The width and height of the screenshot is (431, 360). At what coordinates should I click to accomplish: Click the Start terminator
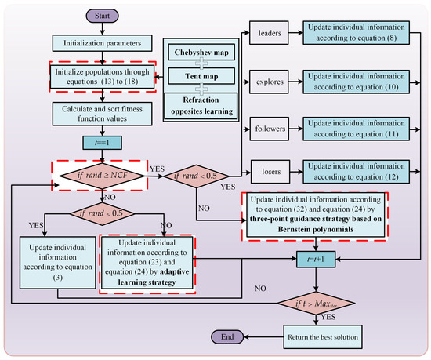pos(102,16)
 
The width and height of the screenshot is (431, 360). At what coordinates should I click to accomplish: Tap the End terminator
pos(227,337)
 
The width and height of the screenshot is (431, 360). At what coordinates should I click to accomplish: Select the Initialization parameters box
pos(102,43)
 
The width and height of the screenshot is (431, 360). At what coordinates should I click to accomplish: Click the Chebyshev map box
pos(201,53)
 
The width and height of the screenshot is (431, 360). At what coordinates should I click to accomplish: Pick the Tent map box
pos(201,76)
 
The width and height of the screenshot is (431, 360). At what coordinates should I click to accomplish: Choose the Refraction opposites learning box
pos(201,106)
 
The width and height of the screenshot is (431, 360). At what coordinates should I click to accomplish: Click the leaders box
pos(269,33)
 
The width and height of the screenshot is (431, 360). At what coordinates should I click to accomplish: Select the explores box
pos(269,82)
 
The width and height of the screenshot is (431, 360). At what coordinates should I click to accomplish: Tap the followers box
pos(270,129)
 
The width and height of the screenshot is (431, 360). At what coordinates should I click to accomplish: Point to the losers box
pos(270,172)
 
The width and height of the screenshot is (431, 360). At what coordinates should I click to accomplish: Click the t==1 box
pos(102,143)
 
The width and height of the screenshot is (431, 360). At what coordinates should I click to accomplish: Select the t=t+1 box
pos(316,259)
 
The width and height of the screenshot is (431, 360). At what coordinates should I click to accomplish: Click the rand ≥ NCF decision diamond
pos(102,176)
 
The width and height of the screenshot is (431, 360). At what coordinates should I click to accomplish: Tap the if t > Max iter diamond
pos(316,304)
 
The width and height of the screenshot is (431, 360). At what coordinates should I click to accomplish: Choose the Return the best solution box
pos(323,337)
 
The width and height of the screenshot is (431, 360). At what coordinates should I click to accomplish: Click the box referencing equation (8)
pos(357,33)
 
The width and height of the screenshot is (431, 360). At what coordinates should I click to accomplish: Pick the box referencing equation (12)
pos(357,172)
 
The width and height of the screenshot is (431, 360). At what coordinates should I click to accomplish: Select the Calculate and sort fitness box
pos(102,114)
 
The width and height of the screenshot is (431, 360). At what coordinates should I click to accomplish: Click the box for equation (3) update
pos(57,263)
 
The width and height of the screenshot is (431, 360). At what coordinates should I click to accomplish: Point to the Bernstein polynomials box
pos(316,215)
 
